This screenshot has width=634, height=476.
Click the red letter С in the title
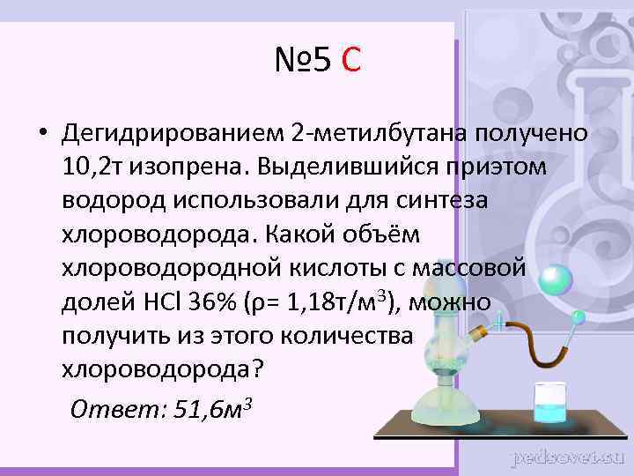pos(350,61)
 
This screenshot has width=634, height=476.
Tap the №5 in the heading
pos(302,61)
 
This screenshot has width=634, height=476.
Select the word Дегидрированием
pos(172,134)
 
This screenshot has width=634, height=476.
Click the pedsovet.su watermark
pos(567,457)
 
